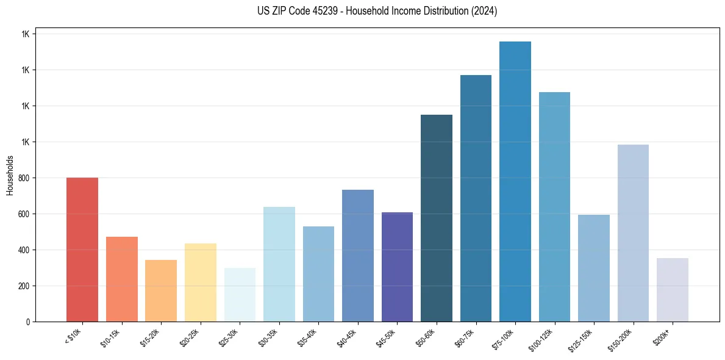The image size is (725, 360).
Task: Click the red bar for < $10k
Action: [82, 250]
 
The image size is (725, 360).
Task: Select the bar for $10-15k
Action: [121, 279]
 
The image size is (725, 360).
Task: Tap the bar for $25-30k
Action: [240, 295]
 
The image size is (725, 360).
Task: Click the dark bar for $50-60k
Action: [437, 218]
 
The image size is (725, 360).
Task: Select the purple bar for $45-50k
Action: [397, 267]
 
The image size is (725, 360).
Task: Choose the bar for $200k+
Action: [673, 290]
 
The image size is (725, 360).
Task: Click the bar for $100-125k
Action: [554, 207]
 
